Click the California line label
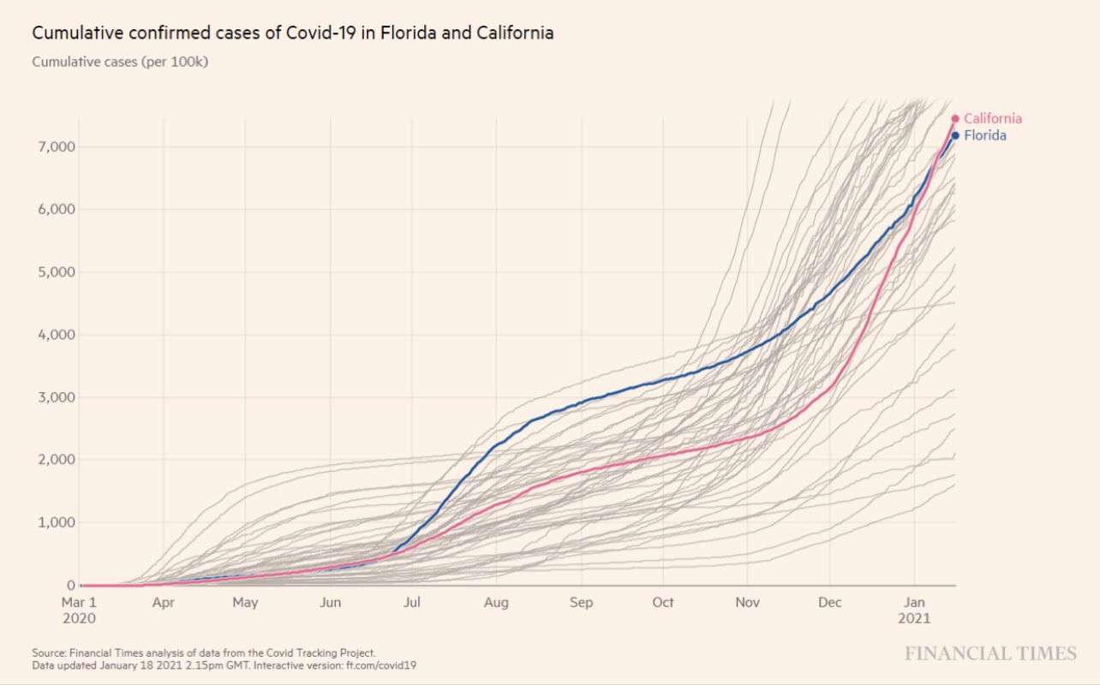992,119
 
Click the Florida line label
985,135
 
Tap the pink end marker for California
955,119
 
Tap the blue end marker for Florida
955,135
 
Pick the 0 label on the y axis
72,585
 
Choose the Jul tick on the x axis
412,603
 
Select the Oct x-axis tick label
663,603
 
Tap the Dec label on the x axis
830,603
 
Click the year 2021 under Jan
916,617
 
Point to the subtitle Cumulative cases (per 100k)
120,62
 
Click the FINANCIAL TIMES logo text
990,654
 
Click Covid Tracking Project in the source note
323,652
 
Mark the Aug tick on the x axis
496,603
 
